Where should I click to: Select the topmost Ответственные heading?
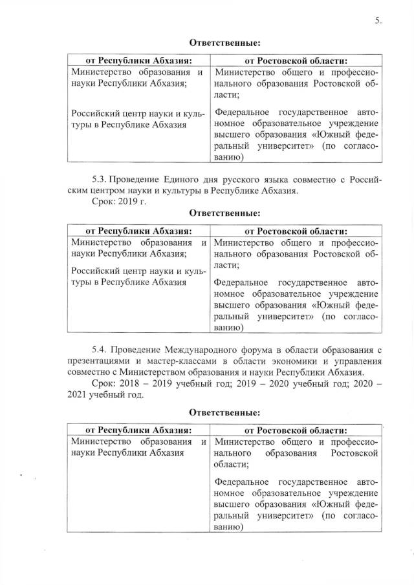tap(224, 43)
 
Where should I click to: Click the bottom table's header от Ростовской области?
tap(294, 430)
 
